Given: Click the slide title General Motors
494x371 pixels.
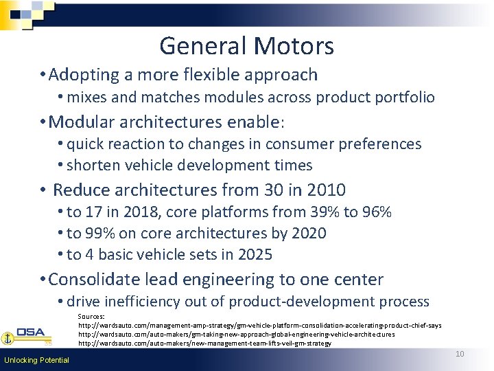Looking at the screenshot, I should coord(246,46).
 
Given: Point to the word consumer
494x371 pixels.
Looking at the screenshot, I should coord(292,144).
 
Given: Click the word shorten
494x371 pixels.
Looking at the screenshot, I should coord(93,166).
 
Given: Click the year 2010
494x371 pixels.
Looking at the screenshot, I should coord(326,190).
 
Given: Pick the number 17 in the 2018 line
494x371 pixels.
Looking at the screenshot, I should coord(94,212).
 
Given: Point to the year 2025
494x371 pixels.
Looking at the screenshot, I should coord(255,255).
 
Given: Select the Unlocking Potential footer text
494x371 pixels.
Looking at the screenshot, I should coord(36,360).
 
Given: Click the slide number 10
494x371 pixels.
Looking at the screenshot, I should coord(460,354).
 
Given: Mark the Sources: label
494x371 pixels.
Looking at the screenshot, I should coord(92,317).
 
